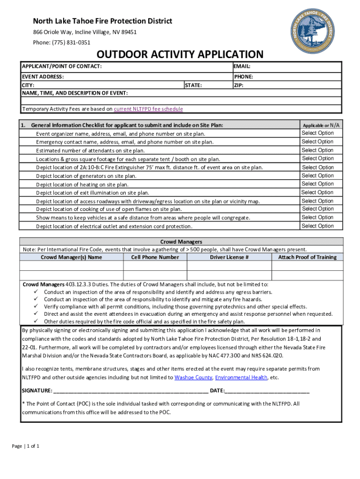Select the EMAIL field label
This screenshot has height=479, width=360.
coord(242,67)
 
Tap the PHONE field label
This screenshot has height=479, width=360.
coord(244,77)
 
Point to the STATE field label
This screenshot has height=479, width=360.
coord(194,86)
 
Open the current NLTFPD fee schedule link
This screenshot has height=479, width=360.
coord(148,109)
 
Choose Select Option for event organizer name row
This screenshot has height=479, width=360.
coord(317,133)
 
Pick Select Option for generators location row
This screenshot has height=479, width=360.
coord(317,175)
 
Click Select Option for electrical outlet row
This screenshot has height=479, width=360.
coord(317,226)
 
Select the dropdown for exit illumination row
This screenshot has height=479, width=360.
coord(317,192)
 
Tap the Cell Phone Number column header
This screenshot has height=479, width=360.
coord(155,257)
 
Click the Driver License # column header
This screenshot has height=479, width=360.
coord(229,257)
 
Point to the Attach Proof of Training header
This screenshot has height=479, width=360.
coord(307,257)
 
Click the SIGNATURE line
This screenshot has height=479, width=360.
coord(131,391)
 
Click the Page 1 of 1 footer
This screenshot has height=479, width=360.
coord(26,446)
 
